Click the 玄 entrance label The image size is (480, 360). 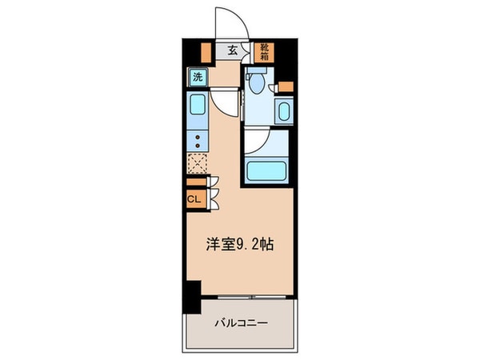click(x=232, y=50)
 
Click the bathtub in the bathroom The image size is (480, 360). click(x=266, y=170)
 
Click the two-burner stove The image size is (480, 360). click(x=198, y=141)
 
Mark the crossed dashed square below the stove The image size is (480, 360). click(x=197, y=164)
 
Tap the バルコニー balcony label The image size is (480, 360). click(x=240, y=324)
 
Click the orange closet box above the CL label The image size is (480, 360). click(x=195, y=182)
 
